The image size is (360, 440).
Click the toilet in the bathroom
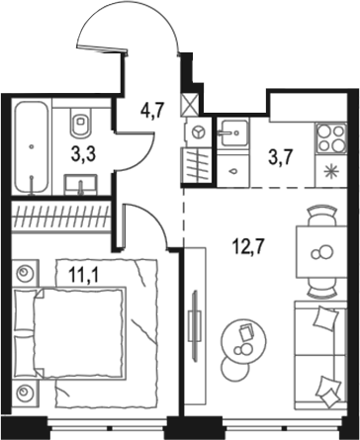(x=81, y=124)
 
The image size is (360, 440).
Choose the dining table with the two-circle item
(x=318, y=253)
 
